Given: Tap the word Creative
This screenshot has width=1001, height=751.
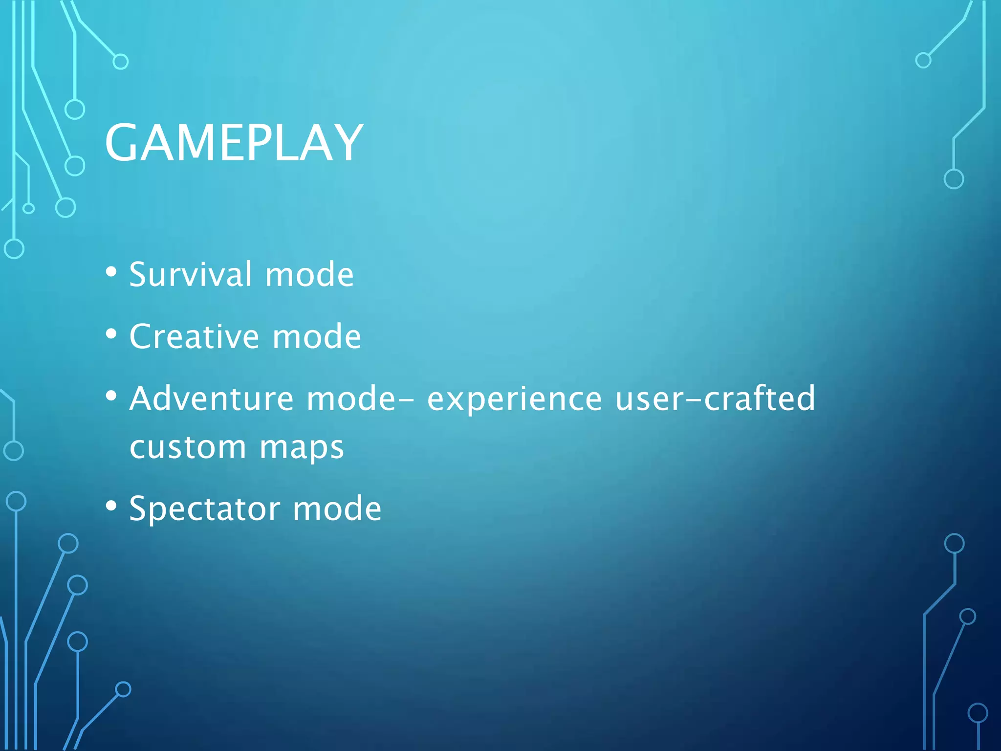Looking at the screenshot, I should coord(194,336).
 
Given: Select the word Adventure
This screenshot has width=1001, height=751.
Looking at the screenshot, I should coord(211,398).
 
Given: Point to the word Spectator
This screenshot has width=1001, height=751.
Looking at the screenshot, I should coord(204,508).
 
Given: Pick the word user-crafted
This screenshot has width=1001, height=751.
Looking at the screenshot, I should coord(715,398).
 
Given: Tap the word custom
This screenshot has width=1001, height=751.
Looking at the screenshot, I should coord(188,447).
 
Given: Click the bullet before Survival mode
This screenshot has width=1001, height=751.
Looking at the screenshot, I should coord(111,272).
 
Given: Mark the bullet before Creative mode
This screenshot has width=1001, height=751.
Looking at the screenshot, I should coord(111,334).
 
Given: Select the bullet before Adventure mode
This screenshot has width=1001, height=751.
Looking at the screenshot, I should coord(111,396).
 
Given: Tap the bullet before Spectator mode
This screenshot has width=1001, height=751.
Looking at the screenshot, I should coord(111,507).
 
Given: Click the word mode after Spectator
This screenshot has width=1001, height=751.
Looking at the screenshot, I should coord(337,508).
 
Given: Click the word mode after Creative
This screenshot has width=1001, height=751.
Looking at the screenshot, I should coord(316,336).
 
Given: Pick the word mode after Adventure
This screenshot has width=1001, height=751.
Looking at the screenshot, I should coord(350,398).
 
